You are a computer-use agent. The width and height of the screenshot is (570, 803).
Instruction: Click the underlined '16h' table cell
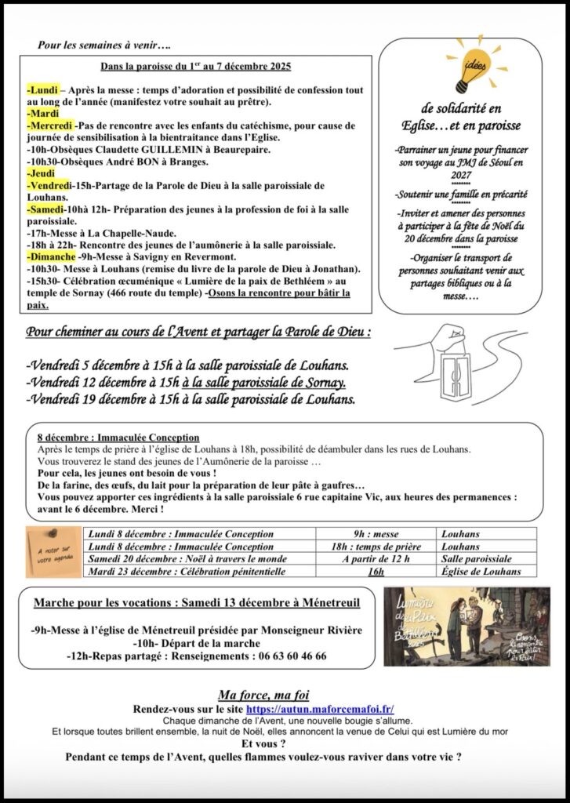click(x=375, y=572)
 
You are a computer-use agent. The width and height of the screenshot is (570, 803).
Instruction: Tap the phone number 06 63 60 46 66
click(x=286, y=656)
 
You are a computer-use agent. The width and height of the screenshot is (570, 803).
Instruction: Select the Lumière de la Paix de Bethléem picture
click(x=467, y=627)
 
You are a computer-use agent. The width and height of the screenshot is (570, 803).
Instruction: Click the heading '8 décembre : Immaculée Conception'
click(x=118, y=437)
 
